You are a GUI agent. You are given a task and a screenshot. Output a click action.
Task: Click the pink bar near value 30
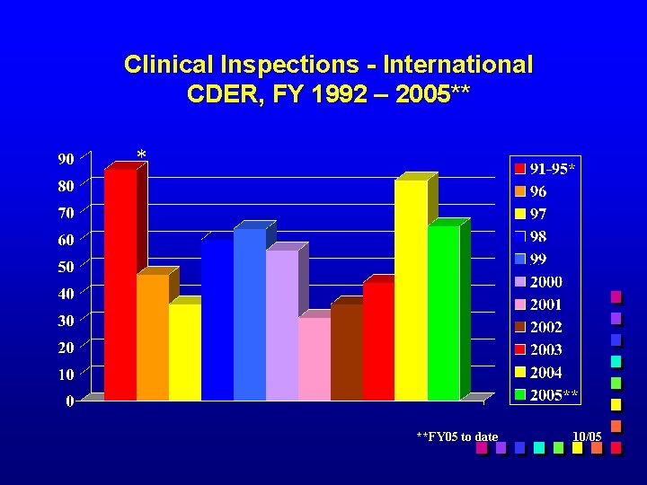pos(314,358)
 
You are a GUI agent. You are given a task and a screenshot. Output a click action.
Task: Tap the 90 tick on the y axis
pos(66,160)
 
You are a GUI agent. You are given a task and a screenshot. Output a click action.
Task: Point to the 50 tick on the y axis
pos(66,267)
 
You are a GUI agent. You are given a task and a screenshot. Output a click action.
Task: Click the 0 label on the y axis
pos(70,401)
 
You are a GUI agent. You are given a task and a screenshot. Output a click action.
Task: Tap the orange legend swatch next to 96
pos(519,191)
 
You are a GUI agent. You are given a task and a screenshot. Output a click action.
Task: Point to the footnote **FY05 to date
pos(457,436)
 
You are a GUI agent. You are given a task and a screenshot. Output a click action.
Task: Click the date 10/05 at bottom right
pos(587,436)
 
